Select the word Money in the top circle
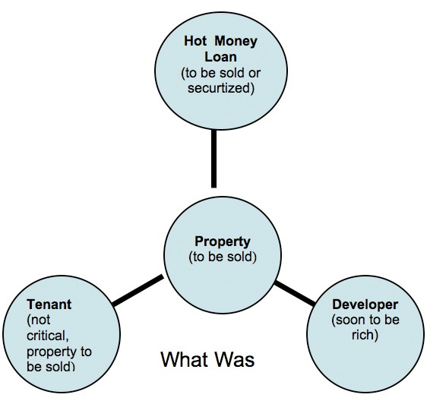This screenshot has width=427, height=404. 236,41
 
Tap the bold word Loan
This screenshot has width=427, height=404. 220,57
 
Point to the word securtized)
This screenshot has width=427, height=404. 221,88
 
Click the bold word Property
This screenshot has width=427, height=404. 222,241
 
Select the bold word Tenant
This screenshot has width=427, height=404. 49,305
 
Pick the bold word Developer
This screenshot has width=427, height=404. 365,305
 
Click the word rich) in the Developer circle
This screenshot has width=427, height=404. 365,335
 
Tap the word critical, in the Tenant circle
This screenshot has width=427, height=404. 47,336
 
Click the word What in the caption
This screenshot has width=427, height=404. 185,359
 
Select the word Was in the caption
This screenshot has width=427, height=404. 234,359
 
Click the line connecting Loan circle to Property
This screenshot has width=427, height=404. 214,159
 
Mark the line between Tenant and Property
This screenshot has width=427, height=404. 138,291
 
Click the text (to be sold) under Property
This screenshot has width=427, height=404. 223,257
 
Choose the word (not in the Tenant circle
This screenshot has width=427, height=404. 39,320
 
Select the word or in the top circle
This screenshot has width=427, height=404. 255,73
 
